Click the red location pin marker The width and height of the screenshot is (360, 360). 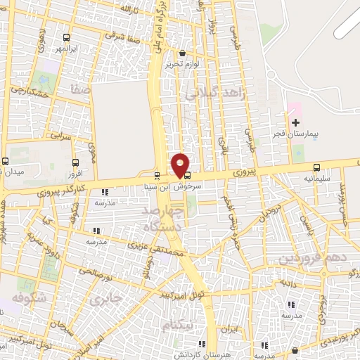pyautogui.click(x=181, y=165)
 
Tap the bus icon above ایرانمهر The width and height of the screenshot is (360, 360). pyautogui.click(x=66, y=38)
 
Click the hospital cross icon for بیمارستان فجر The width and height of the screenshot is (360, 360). pyautogui.click(x=295, y=123)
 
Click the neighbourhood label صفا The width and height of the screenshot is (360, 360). pyautogui.click(x=79, y=90)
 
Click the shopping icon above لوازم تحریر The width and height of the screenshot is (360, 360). pyautogui.click(x=183, y=53)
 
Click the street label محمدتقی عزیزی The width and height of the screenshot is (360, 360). pyautogui.click(x=155, y=249)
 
